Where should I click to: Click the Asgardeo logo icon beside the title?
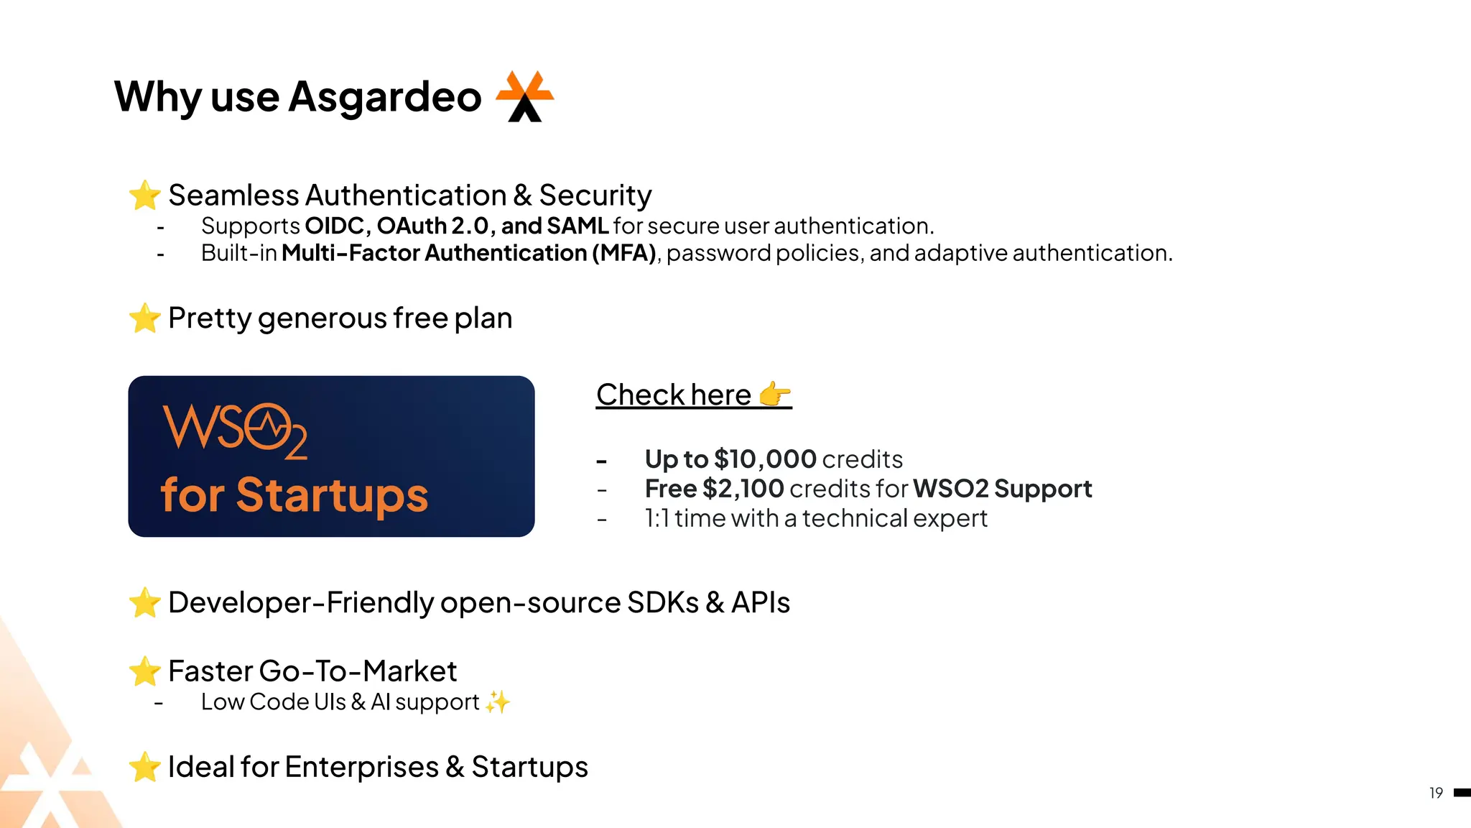pyautogui.click(x=525, y=96)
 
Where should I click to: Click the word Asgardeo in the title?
pyautogui.click(x=384, y=96)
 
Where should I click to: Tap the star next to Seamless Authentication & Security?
pyautogui.click(x=144, y=195)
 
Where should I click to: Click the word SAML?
pyautogui.click(x=577, y=226)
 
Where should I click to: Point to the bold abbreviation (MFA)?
pyautogui.click(x=623, y=253)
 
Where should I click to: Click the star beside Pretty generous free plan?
pyautogui.click(x=144, y=318)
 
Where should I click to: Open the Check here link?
pyautogui.click(x=674, y=395)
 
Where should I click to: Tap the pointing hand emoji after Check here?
pyautogui.click(x=774, y=394)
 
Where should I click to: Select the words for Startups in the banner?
pyautogui.click(x=294, y=495)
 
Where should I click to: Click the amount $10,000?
pyautogui.click(x=765, y=459)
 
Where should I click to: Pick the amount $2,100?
pyautogui.click(x=743, y=489)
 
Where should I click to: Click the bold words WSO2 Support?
pyautogui.click(x=1002, y=489)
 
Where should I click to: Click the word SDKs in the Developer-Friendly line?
pyautogui.click(x=662, y=602)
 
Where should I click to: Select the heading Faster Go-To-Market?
pyautogui.click(x=312, y=671)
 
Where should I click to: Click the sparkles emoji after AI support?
pyautogui.click(x=497, y=701)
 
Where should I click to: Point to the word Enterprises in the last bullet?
pyautogui.click(x=361, y=767)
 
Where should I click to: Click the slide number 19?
pyautogui.click(x=1436, y=793)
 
